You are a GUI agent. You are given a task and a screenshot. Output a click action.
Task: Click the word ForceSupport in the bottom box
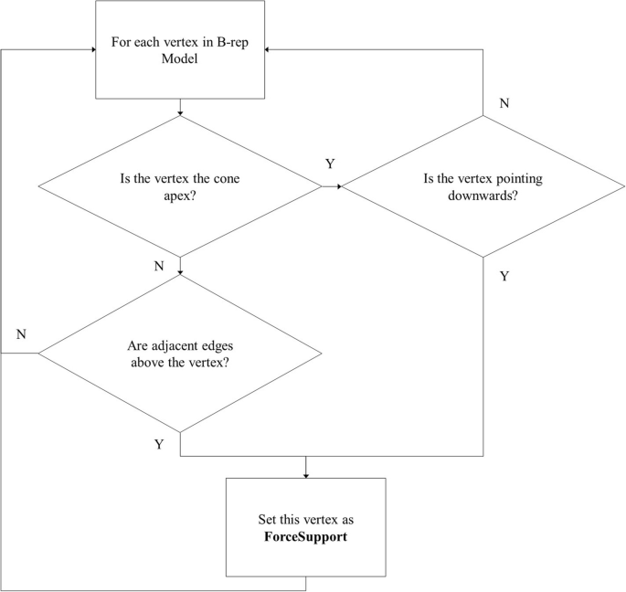pos(305,536)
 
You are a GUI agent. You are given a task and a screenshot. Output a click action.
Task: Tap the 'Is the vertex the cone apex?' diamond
pos(179,186)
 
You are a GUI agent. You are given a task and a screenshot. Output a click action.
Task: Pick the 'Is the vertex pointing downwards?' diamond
pos(483,186)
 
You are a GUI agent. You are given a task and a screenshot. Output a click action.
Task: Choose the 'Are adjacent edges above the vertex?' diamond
pos(179,354)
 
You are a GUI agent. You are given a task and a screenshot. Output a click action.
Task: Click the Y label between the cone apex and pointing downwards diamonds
pos(330,164)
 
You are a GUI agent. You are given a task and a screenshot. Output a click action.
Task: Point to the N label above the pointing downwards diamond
pos(504,102)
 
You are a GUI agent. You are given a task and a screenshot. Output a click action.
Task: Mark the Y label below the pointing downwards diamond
pos(504,276)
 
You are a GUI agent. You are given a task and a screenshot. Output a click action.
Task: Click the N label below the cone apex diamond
pos(159,266)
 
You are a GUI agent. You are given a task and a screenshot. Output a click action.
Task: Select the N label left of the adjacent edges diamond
pos(21,333)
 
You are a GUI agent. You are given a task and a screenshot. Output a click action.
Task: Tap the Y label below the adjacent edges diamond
pos(159,444)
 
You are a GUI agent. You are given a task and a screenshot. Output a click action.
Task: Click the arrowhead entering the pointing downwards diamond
pos(338,186)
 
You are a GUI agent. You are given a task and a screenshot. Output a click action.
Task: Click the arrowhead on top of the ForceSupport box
pos(305,475)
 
